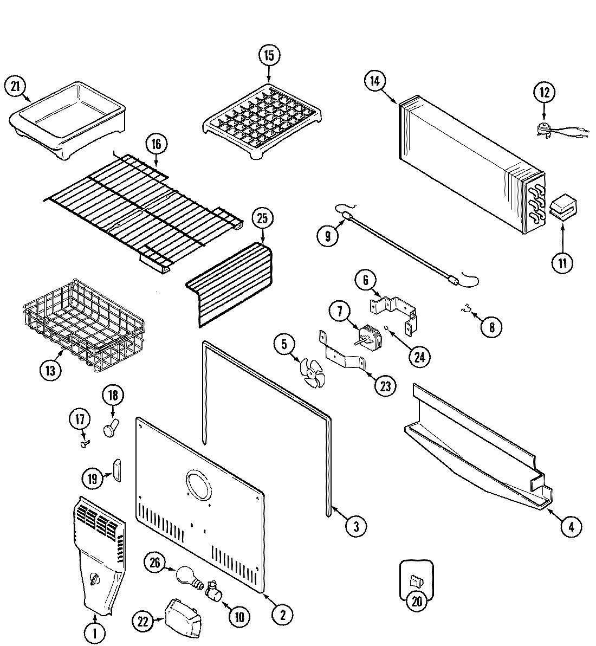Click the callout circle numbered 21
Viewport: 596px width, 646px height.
[x=15, y=86]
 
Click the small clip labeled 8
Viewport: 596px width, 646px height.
[x=464, y=309]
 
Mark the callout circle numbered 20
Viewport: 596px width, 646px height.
[x=416, y=603]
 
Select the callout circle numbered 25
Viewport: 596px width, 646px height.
[x=263, y=219]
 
